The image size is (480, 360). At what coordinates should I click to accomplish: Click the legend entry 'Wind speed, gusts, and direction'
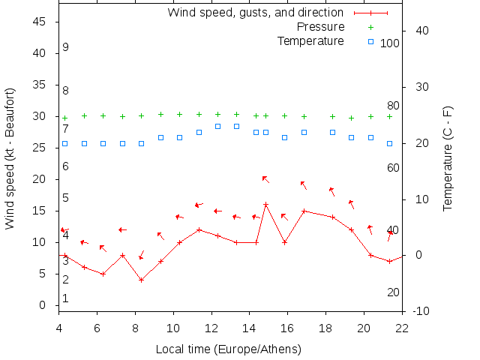pyautogui.click(x=255, y=13)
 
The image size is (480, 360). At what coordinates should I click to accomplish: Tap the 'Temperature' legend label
pyautogui.click(x=310, y=40)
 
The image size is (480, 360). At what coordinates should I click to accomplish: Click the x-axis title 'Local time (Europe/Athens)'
pyautogui.click(x=228, y=349)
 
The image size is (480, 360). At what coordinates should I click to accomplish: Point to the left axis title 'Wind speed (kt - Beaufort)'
pyautogui.click(x=10, y=157)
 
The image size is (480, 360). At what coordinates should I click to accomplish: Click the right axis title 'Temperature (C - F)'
pyautogui.click(x=448, y=157)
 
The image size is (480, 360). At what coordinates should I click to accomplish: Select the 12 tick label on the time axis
pyautogui.click(x=211, y=327)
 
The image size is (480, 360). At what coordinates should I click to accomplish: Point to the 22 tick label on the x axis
pyautogui.click(x=402, y=327)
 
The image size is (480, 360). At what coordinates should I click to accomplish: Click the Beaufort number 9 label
pyautogui.click(x=66, y=47)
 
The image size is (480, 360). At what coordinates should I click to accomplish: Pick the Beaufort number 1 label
pyautogui.click(x=66, y=298)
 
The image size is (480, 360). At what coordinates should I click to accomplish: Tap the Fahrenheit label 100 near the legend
pyautogui.click(x=390, y=43)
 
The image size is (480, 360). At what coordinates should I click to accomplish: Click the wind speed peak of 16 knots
pyautogui.click(x=265, y=204)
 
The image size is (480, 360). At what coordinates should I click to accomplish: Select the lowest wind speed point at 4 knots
pyautogui.click(x=141, y=280)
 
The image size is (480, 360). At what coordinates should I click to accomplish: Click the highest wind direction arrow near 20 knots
pyautogui.click(x=265, y=179)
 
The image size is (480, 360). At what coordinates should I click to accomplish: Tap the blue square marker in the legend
pyautogui.click(x=370, y=40)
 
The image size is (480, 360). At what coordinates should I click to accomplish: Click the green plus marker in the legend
pyautogui.click(x=370, y=27)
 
